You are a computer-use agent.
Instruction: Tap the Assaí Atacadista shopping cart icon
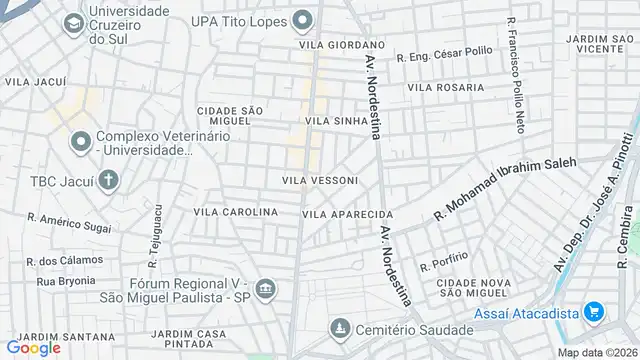pos(595,312)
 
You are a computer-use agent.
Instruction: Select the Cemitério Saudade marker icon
pos(340,329)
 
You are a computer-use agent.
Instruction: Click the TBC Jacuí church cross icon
pos(108,181)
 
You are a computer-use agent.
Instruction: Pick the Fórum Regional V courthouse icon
pos(265,290)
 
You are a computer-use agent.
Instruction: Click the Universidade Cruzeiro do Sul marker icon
pos(73,23)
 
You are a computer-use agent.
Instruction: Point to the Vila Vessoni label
pos(320,180)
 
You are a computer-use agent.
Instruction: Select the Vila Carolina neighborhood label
pos(235,212)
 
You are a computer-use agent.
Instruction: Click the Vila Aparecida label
pos(348,214)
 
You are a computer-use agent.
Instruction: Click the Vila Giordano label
pos(341,45)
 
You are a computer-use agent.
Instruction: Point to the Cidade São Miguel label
pos(229,116)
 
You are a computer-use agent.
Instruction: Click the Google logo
pos(32,348)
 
